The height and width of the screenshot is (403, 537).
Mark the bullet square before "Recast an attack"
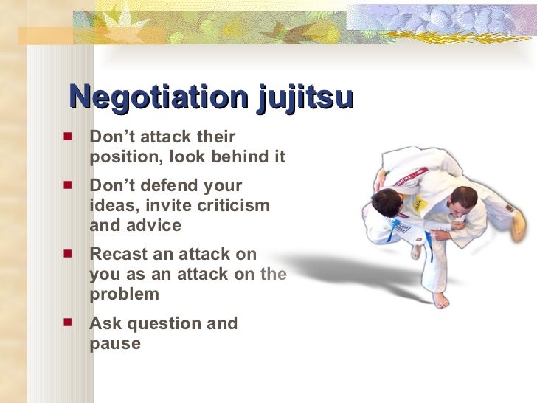click(x=68, y=253)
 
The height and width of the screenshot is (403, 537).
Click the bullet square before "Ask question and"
click(x=68, y=323)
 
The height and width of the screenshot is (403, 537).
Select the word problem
click(x=124, y=294)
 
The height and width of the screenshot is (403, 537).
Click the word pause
click(x=114, y=343)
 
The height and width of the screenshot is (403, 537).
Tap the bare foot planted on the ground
click(x=441, y=299)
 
